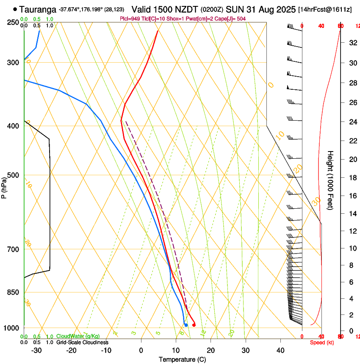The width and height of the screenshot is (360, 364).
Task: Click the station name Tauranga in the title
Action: [x=38, y=9]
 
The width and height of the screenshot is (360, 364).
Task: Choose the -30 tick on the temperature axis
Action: [x=36, y=350]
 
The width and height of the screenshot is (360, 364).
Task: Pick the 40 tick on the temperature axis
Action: [x=280, y=350]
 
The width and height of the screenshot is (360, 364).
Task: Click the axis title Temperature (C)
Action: [x=182, y=359]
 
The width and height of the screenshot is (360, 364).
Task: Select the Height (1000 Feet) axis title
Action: [x=330, y=180]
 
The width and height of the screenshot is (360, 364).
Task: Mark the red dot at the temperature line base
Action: [x=194, y=325]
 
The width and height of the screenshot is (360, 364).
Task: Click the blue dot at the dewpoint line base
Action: [x=186, y=325]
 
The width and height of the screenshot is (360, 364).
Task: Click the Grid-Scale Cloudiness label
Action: [x=82, y=342]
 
